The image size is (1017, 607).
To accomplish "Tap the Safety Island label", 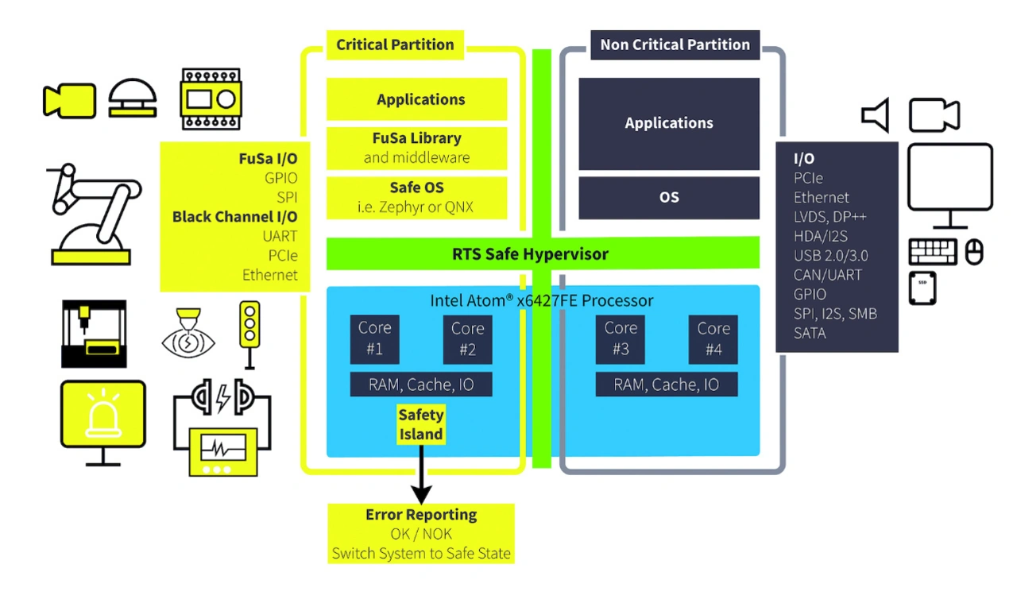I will pos(420,424).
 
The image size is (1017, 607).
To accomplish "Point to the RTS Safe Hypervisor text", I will pos(530,254).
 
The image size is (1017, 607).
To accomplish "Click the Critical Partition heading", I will pos(395,44).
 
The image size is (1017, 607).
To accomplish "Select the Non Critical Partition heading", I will pos(675,44).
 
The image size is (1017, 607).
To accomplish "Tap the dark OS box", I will pos(669,198).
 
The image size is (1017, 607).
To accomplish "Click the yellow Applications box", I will pos(420,99).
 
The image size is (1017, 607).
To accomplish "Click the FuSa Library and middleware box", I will pos(417,148).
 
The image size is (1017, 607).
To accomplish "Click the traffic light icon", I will pos(249,334).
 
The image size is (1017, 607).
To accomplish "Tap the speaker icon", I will pos(875,116).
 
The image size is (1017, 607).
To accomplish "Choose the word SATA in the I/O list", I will pos(810,334).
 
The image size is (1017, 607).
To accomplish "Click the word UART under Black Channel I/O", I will pos(280,236).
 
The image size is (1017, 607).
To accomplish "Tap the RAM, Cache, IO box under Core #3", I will pos(667,385).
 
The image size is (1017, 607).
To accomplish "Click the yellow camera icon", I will pos(68,101).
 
